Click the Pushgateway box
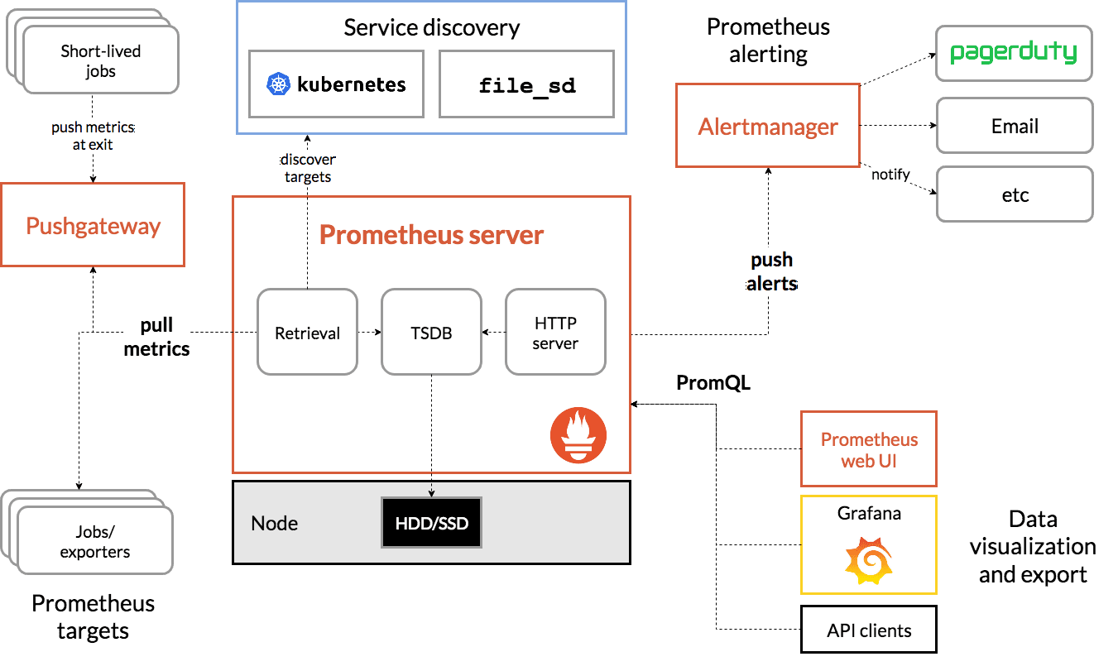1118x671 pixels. (93, 225)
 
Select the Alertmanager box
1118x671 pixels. (767, 126)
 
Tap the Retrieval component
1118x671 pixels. (307, 332)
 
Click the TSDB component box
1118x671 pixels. (431, 332)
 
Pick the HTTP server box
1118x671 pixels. (555, 332)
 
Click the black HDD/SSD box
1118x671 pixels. (431, 523)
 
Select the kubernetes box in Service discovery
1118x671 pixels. (336, 84)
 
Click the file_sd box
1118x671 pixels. (526, 84)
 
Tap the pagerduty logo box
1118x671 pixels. (1014, 53)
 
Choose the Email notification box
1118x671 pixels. (1014, 126)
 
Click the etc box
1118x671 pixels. (1014, 194)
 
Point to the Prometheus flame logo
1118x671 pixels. (578, 435)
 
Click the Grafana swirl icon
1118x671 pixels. (868, 559)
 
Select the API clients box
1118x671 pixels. (868, 630)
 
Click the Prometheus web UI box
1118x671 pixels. (868, 449)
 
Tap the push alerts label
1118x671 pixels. (771, 271)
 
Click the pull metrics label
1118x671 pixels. (156, 336)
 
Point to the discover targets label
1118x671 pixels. (307, 168)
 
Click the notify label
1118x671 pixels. (890, 174)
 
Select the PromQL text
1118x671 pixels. (713, 383)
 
